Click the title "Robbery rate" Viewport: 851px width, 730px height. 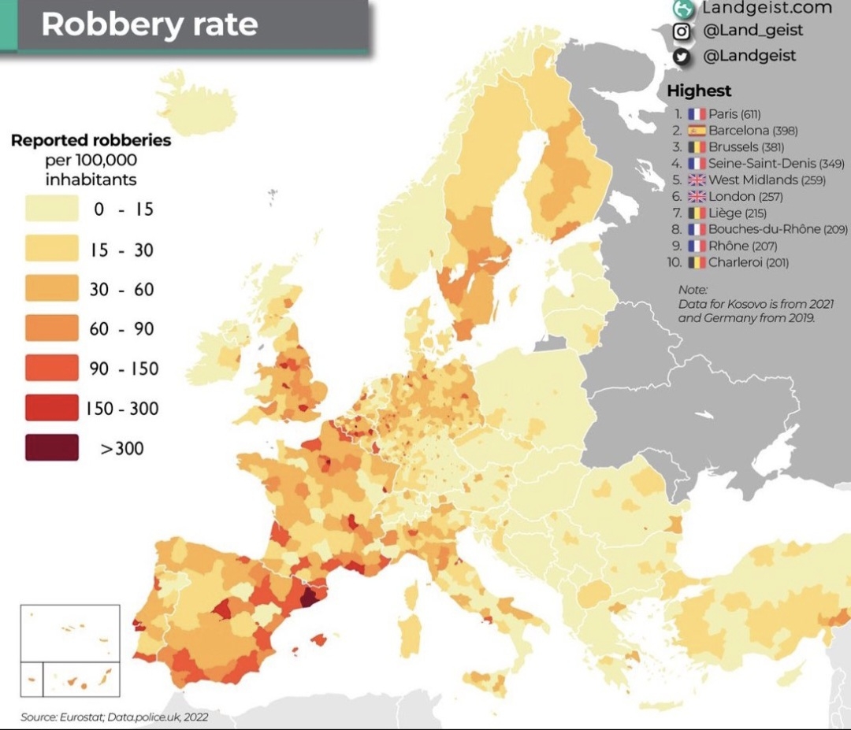click(x=150, y=24)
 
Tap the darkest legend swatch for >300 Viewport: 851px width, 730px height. click(x=52, y=447)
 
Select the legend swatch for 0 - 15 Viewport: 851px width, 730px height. click(x=52, y=209)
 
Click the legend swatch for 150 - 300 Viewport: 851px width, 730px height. click(x=52, y=408)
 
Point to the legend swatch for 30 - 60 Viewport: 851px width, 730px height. click(x=52, y=288)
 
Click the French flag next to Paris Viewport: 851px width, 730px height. click(x=697, y=114)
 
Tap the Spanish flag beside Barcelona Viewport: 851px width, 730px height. click(x=697, y=131)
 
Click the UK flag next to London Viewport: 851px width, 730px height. click(x=697, y=197)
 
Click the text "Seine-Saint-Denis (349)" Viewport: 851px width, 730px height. click(x=776, y=164)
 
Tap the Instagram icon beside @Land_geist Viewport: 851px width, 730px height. click(x=682, y=31)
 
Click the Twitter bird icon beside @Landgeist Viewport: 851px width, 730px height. click(x=682, y=56)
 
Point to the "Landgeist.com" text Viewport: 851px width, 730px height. click(x=766, y=8)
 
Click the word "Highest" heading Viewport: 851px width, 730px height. click(x=699, y=91)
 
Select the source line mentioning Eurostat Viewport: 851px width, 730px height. click(x=114, y=717)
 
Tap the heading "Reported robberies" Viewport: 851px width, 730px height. click(x=91, y=141)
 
